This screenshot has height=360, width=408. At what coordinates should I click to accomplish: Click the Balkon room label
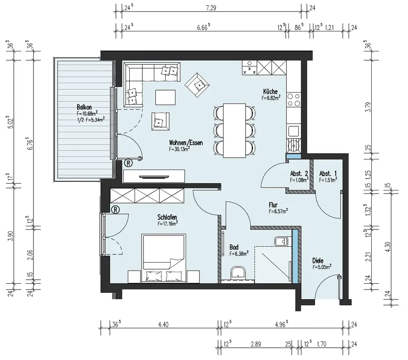click(84, 107)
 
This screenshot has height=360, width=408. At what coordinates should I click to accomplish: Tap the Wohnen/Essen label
click(186, 142)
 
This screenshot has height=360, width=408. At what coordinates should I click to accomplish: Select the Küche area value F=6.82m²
click(271, 98)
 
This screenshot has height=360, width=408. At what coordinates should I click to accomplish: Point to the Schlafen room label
click(167, 217)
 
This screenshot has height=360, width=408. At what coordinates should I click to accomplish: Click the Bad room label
click(234, 247)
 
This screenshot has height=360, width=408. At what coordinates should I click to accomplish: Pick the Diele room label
click(318, 261)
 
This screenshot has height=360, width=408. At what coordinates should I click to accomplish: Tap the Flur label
click(273, 205)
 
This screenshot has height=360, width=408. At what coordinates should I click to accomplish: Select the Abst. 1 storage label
click(328, 173)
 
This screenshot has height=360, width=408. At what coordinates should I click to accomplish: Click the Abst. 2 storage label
click(299, 173)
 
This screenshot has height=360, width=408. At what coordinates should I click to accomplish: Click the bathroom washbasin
click(238, 273)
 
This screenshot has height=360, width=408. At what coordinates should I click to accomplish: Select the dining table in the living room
click(235, 130)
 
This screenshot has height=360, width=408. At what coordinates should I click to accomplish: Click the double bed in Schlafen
click(164, 258)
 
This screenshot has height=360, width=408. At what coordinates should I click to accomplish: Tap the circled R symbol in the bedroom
click(115, 210)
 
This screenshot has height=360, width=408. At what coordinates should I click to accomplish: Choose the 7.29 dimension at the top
click(211, 8)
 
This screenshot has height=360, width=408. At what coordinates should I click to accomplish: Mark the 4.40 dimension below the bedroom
click(163, 325)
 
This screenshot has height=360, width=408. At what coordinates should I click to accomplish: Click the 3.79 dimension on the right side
click(368, 107)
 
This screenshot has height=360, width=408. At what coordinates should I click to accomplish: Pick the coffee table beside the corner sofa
click(166, 97)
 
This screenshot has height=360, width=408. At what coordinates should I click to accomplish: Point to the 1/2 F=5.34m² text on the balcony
click(91, 119)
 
